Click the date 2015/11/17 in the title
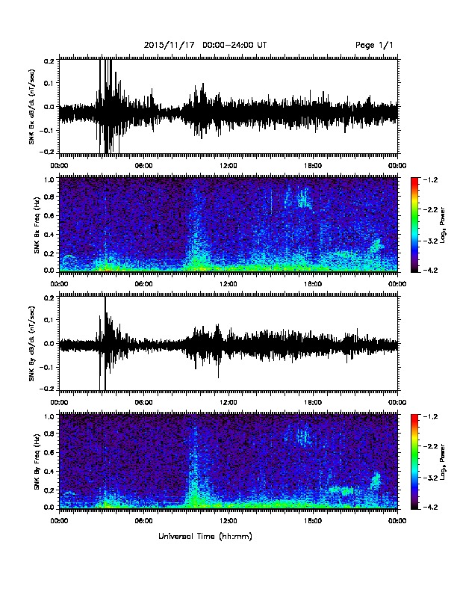170,46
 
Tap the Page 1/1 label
374,46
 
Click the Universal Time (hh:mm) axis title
205,536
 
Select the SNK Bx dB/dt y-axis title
31,106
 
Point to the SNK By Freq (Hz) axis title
37,461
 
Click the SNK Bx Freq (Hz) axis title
37,225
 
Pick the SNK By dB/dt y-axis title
31,343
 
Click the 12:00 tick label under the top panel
228,166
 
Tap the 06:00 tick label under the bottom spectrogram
143,521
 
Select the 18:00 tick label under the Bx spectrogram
313,284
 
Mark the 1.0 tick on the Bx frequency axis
49,179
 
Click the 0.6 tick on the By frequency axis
49,452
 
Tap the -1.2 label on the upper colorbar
430,179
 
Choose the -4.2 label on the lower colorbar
430,507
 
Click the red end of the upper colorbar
414,179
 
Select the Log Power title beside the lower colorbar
442,462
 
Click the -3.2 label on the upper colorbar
430,241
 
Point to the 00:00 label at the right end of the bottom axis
397,521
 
